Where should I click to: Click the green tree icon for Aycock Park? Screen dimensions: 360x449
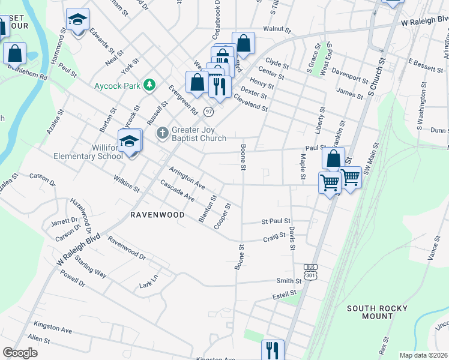(149, 86)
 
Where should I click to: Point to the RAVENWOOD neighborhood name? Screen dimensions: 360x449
(155, 214)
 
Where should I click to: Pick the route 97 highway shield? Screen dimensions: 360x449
(208, 112)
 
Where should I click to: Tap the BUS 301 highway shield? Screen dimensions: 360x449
(310, 271)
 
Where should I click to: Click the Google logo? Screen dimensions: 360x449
(20, 353)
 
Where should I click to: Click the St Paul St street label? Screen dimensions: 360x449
(276, 221)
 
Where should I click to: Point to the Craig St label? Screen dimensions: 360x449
(274, 238)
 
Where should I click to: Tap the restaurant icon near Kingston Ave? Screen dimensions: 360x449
(272, 349)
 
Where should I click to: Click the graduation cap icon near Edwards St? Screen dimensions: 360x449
(77, 20)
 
